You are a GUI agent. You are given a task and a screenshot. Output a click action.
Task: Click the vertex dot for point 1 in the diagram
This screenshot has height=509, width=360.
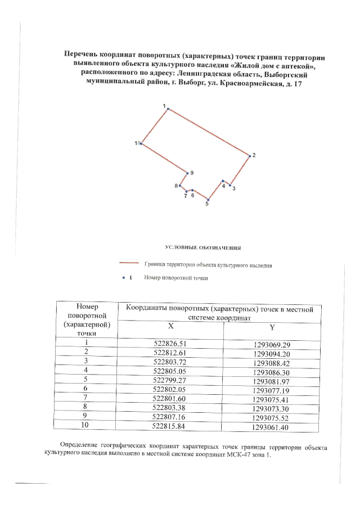(168, 109)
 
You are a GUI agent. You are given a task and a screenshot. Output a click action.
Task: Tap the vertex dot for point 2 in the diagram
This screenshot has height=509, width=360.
(249, 155)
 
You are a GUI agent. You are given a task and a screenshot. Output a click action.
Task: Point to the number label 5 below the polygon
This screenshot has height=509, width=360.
(207, 205)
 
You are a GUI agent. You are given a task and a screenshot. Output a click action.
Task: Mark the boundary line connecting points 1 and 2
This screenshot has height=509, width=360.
(208, 132)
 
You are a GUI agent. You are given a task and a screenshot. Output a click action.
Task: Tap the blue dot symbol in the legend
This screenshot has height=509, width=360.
(124, 277)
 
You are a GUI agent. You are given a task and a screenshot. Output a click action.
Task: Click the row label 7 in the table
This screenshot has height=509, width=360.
(87, 399)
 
